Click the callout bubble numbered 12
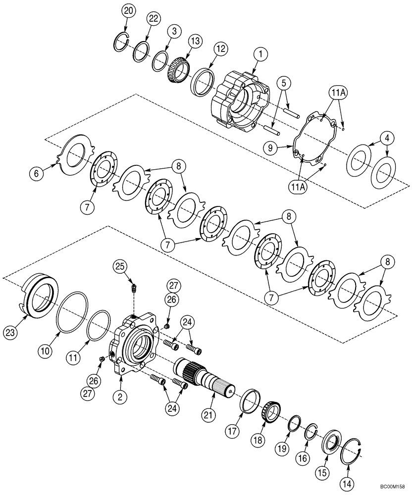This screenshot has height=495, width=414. pyautogui.click(x=221, y=49)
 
